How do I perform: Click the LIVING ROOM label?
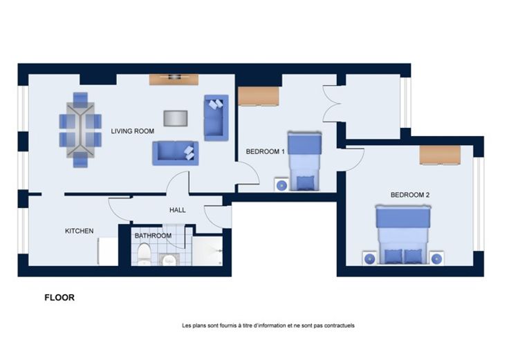(133, 131)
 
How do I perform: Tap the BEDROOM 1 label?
(265, 151)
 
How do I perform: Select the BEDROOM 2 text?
(410, 195)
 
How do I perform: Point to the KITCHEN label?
(80, 231)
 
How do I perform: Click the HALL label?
(178, 210)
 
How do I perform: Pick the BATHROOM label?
(153, 236)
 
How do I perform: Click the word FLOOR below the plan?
(59, 297)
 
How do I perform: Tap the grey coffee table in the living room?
(176, 118)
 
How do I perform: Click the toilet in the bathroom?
(144, 254)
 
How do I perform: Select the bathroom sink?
(169, 259)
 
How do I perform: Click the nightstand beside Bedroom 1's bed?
(281, 185)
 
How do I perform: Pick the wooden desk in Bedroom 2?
(440, 155)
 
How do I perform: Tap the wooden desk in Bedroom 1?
(259, 96)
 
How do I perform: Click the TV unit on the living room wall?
(174, 79)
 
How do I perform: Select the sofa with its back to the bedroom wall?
(216, 117)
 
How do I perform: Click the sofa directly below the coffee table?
(175, 153)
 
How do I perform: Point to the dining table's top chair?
(80, 99)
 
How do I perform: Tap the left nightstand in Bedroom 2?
(370, 258)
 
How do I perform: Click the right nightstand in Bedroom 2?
(436, 258)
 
